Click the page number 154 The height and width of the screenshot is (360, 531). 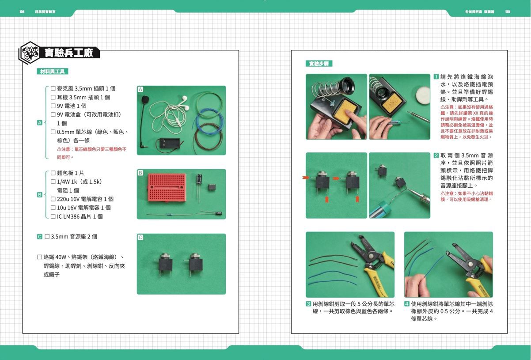coord(22,11)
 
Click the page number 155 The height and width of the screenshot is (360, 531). coord(507,11)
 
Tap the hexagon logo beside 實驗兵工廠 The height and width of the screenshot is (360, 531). coord(30,53)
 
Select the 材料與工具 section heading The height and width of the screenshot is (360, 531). coord(52,72)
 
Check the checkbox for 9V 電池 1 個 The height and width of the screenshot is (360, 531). coord(53,106)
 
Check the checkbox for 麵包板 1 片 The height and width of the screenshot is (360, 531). coord(53,173)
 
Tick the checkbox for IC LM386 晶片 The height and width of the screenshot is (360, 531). coord(53,216)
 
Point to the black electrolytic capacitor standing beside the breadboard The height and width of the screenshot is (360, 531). coord(200,180)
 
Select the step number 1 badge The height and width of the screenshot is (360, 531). coord(436,77)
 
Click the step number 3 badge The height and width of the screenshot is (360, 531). coord(308,304)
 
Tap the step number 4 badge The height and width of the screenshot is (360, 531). coord(407,304)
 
